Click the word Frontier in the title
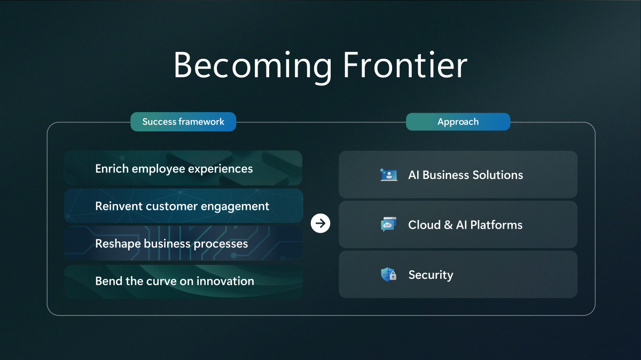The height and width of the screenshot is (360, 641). click(x=405, y=65)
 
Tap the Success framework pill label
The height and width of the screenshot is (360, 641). click(x=183, y=122)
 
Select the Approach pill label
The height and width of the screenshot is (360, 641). click(x=458, y=122)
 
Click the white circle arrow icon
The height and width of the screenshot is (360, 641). click(x=320, y=223)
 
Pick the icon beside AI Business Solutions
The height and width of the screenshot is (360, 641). click(x=389, y=175)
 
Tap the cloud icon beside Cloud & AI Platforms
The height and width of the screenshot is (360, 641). click(x=389, y=224)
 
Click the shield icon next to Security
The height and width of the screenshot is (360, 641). click(x=389, y=275)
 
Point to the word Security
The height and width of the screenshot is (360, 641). click(x=431, y=275)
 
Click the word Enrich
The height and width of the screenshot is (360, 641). click(x=112, y=169)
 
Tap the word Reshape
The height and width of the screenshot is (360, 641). click(x=118, y=244)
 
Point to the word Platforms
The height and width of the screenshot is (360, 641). click(x=496, y=225)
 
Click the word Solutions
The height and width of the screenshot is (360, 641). click(x=498, y=175)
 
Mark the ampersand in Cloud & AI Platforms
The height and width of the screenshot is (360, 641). click(x=448, y=225)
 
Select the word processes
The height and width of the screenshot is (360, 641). click(x=221, y=244)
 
